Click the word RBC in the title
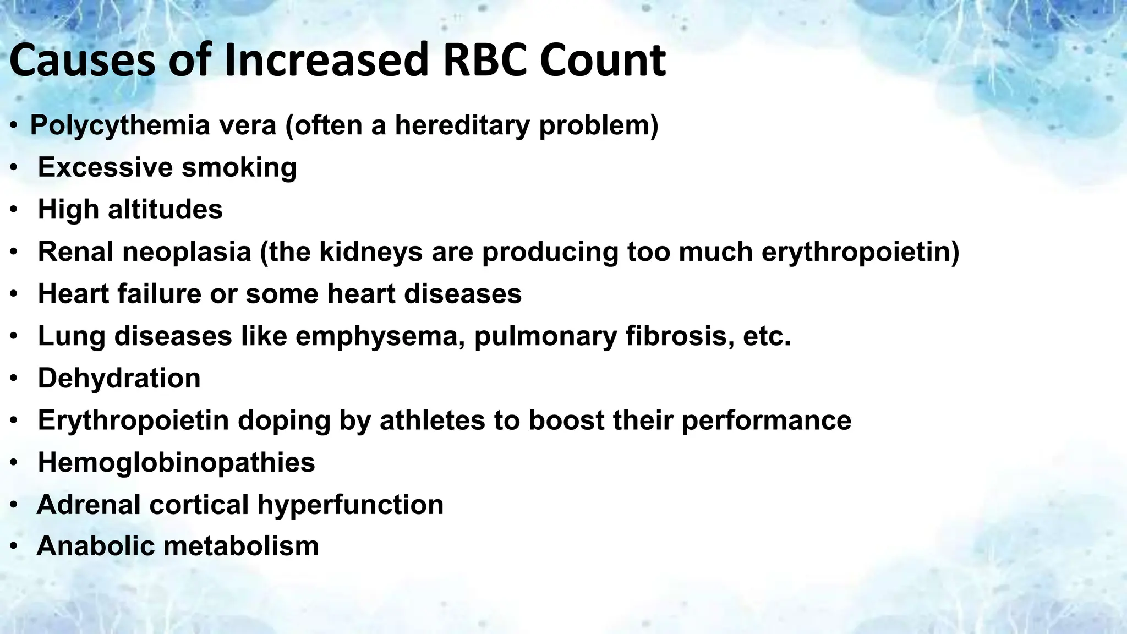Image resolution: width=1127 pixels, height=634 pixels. coord(484,61)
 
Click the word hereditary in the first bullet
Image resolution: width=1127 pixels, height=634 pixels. coord(462,125)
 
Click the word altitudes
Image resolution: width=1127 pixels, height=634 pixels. coord(165,210)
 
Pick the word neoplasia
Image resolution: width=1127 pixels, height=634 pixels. coord(187,252)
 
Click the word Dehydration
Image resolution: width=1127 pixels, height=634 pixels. coord(119,379)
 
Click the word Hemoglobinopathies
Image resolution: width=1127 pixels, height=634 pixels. coord(176,462)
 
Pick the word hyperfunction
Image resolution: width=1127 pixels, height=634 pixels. coord(350,505)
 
